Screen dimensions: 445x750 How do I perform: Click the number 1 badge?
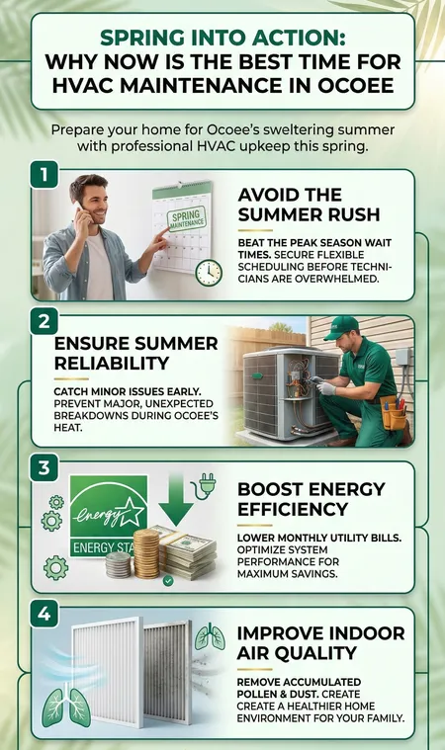(x=44, y=175)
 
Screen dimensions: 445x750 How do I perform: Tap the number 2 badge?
(x=44, y=321)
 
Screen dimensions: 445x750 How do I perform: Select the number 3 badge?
(x=44, y=467)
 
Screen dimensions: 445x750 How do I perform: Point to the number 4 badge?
(x=44, y=614)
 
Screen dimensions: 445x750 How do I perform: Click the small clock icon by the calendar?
(x=209, y=273)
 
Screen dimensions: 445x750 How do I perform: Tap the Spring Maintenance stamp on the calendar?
(x=188, y=219)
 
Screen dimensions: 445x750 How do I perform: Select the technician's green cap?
(x=341, y=328)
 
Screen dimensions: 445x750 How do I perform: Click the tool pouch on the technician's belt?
(x=393, y=413)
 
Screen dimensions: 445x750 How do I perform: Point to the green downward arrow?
(x=176, y=500)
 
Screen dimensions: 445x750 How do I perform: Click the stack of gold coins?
(x=146, y=553)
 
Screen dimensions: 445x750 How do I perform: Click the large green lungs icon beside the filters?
(x=66, y=707)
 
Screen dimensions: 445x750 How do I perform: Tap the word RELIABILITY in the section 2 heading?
(x=112, y=363)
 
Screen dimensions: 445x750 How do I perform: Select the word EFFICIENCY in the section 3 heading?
(x=293, y=509)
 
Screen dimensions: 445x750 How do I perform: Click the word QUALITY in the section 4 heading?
(x=323, y=653)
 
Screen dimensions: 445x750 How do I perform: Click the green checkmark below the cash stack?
(x=168, y=581)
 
